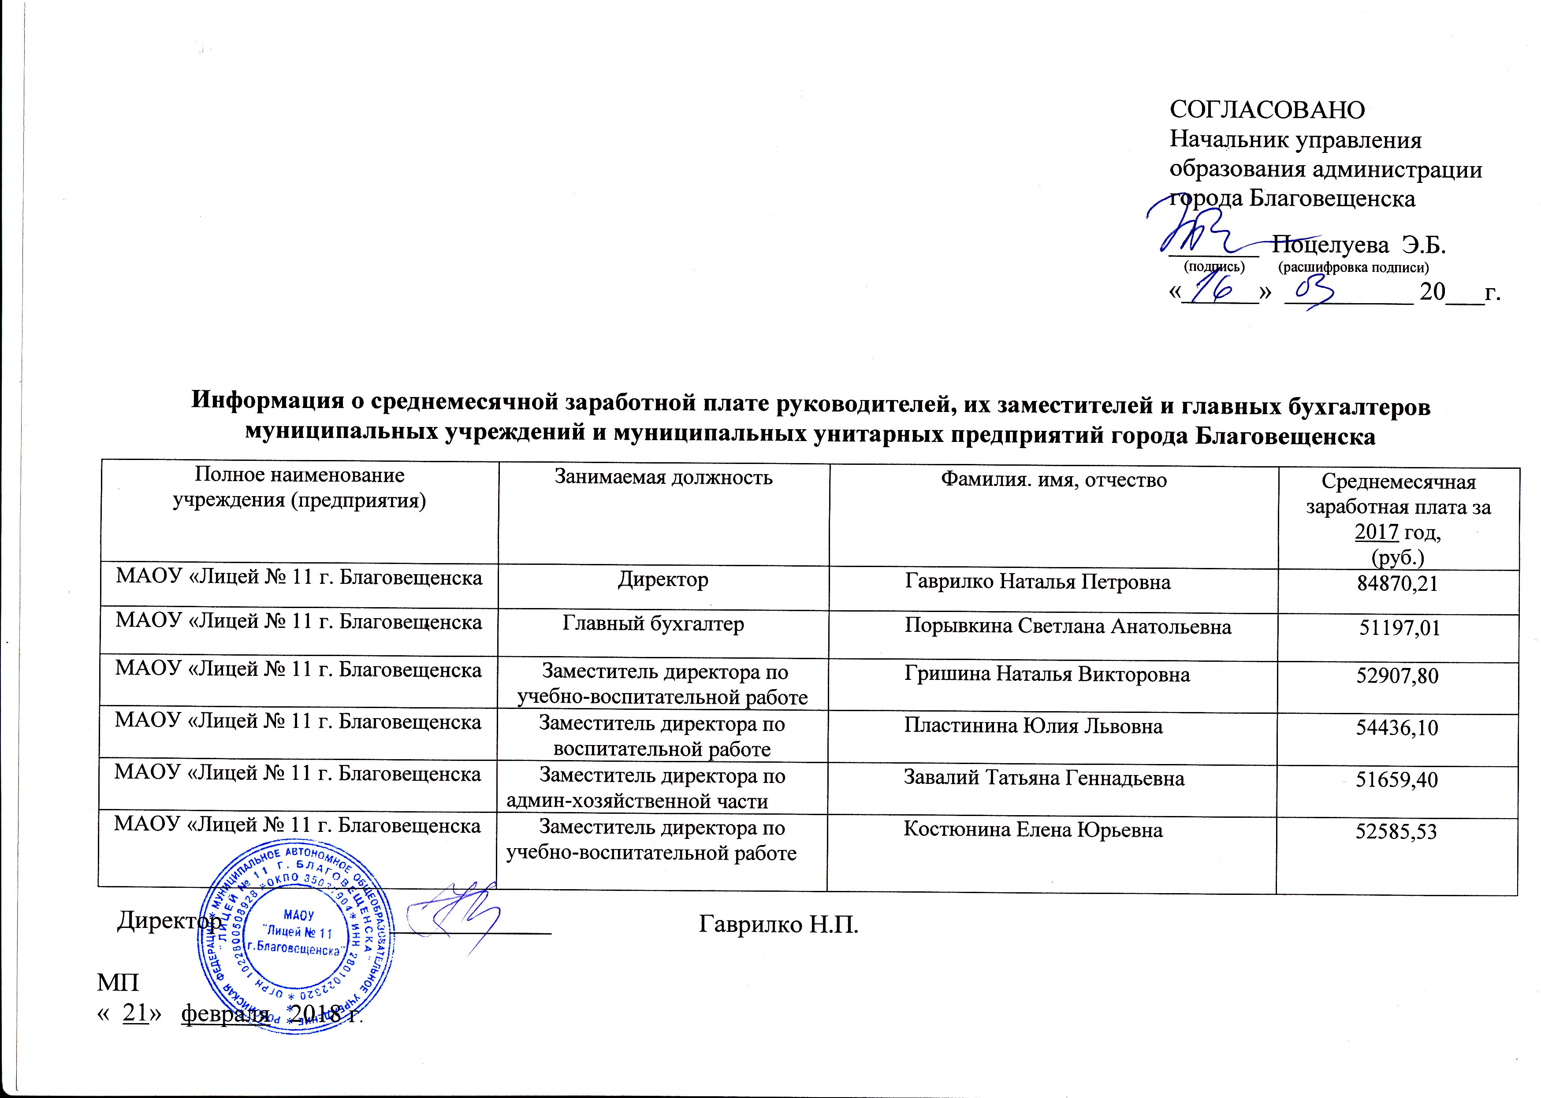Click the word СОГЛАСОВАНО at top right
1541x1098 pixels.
(x=1266, y=110)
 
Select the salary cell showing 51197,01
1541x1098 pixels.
(x=1399, y=629)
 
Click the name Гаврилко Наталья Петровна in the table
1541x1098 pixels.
(x=1037, y=582)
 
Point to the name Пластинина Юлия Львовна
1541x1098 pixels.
(x=1033, y=726)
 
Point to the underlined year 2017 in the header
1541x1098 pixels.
(x=1376, y=532)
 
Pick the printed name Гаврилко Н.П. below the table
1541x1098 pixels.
(x=778, y=924)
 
